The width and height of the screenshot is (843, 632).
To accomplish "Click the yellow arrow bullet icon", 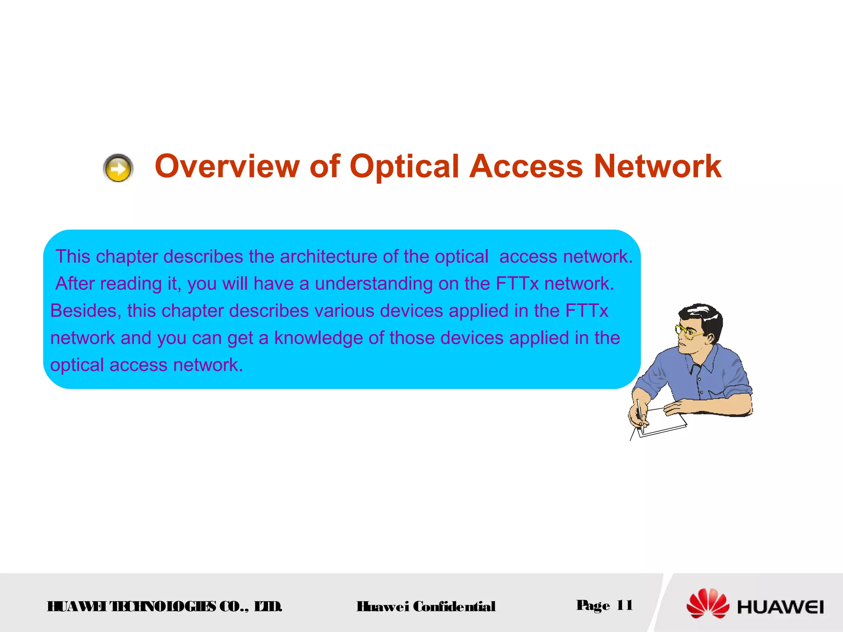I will pos(118,168).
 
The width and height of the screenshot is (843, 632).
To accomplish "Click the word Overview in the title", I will pos(227,166).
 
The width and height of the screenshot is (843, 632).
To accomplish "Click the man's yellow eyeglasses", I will pos(687,332).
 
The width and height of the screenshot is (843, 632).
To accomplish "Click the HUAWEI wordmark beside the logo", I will pos(780,607).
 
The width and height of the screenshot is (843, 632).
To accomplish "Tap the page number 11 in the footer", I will pos(624,605).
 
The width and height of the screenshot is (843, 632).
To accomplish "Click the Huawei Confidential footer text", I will pos(426,606).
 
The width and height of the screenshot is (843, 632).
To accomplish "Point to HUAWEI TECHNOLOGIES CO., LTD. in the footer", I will pos(165,606).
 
